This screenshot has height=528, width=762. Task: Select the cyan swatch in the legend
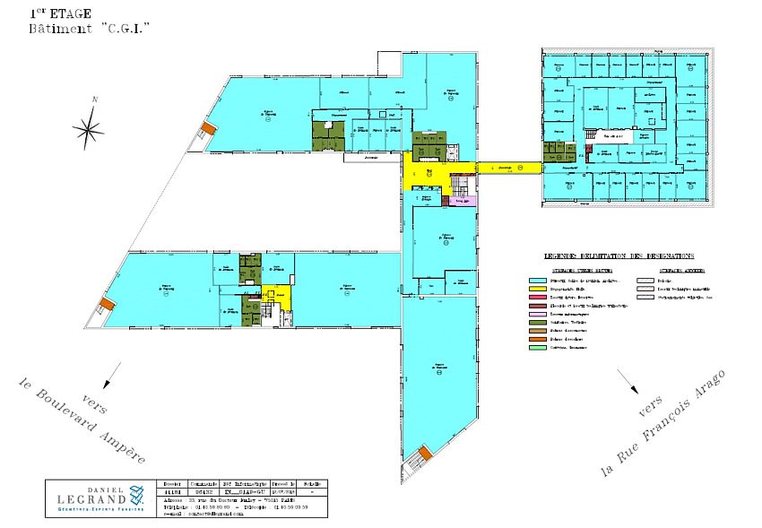(537, 280)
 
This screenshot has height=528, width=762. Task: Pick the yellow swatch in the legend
(537, 290)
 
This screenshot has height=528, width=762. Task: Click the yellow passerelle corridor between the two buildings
(509, 167)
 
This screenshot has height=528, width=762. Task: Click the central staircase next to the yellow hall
(460, 185)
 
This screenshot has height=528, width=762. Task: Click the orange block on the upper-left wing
(208, 129)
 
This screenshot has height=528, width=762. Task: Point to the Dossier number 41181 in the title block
(173, 492)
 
